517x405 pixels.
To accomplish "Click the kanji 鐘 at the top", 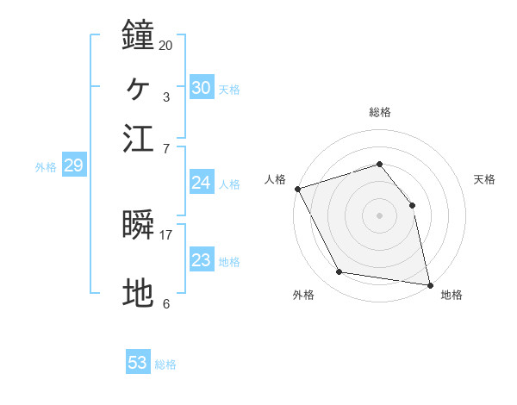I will pyautogui.click(x=138, y=37).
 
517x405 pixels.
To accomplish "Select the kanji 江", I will pyautogui.click(x=138, y=138).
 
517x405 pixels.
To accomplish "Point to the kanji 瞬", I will pyautogui.click(x=138, y=226).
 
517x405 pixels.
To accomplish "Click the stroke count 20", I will pyautogui.click(x=165, y=45).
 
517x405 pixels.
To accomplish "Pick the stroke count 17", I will pyautogui.click(x=165, y=234).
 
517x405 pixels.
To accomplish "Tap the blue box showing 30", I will pyautogui.click(x=202, y=87).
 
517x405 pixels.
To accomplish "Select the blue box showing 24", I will pyautogui.click(x=202, y=182).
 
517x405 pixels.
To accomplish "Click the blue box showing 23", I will pyautogui.click(x=202, y=260).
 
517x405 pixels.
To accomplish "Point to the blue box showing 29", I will pyautogui.click(x=73, y=166).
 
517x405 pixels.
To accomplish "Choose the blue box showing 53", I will pyautogui.click(x=138, y=363).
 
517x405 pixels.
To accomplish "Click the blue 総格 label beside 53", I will pyautogui.click(x=166, y=364).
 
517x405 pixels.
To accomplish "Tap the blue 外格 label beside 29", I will pyautogui.click(x=46, y=167).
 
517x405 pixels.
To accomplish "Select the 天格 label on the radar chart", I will pyautogui.click(x=485, y=179).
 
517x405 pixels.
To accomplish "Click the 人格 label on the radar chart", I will pyautogui.click(x=276, y=179).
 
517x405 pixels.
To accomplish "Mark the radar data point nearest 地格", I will pyautogui.click(x=429, y=283).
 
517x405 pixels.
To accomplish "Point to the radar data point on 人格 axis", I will pyautogui.click(x=297, y=189).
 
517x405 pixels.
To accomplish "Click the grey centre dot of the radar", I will pyautogui.click(x=379, y=215).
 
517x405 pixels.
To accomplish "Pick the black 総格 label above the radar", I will pyautogui.click(x=379, y=112).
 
